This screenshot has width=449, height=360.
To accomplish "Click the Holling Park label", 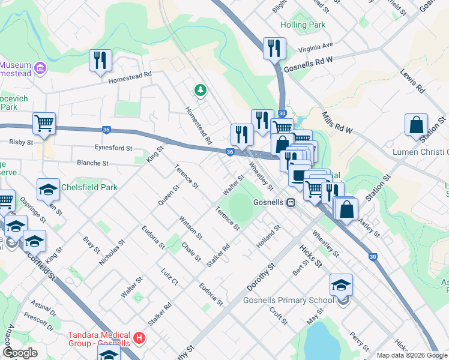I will pyautogui.click(x=303, y=25).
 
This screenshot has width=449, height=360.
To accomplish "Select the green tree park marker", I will pyautogui.click(x=200, y=91).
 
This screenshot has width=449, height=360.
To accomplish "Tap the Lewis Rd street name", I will pyautogui.click(x=412, y=81).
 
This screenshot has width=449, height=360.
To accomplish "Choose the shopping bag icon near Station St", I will pyautogui.click(x=416, y=125).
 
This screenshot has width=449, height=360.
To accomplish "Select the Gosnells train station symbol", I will pyautogui.click(x=291, y=203).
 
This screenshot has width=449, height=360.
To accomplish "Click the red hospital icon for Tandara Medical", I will pyautogui.click(x=140, y=339).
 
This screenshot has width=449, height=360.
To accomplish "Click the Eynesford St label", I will pyautogui.click(x=113, y=148).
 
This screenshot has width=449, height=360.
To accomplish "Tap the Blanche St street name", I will pyautogui.click(x=92, y=163).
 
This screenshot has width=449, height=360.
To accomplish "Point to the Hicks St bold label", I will pyautogui.click(x=311, y=255).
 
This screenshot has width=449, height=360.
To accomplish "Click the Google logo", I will pyautogui.click(x=20, y=353).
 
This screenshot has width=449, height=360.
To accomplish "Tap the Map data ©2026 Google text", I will pyautogui.click(x=411, y=355).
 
